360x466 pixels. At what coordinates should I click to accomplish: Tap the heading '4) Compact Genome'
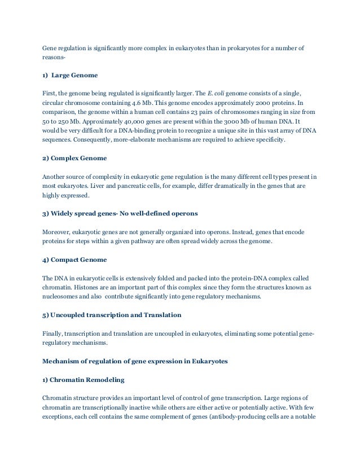tap(74, 260)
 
